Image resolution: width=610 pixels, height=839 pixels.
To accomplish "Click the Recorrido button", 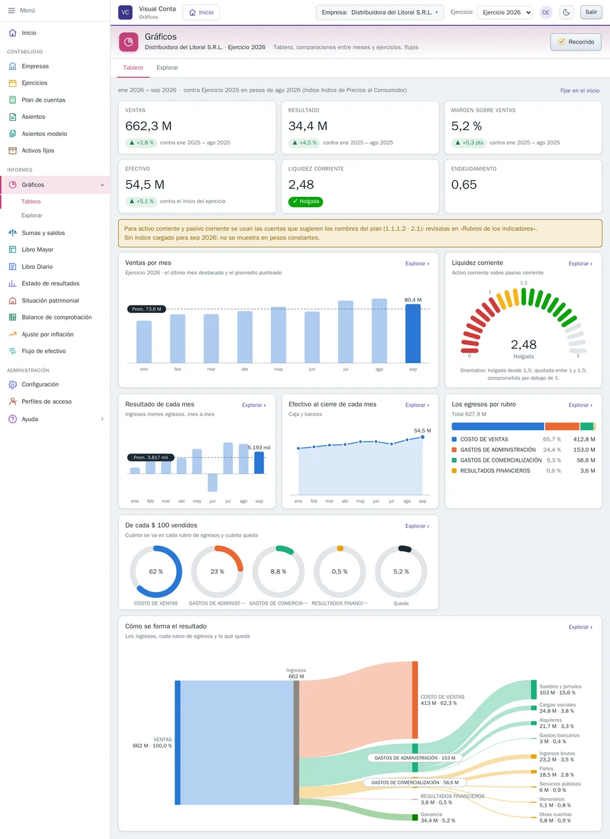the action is coord(576,42).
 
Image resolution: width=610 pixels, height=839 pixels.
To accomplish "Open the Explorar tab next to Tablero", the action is coord(167,68).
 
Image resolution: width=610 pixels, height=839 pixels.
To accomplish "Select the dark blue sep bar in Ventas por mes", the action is coord(413,333).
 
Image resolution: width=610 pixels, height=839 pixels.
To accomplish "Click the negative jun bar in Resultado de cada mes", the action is coord(212,483).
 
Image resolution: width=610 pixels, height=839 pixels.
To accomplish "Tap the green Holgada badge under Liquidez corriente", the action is coord(306,201).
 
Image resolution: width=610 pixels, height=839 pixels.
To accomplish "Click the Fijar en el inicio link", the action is coord(579,91).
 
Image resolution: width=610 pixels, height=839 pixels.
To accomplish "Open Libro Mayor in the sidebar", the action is coord(37,250).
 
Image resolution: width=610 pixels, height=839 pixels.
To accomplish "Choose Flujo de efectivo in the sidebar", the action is coord(44,351).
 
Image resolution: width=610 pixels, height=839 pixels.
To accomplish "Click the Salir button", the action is coord(591,12).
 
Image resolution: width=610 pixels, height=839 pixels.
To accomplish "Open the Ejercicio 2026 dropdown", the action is coord(505,12).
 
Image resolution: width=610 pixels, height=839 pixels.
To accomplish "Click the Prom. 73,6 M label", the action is coord(147,309).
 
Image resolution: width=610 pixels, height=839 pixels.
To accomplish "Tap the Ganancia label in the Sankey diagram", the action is coord(431,814).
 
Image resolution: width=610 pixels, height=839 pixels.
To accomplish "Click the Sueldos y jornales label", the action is coord(560,687).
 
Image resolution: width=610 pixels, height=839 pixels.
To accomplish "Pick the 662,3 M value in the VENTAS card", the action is coord(149,126).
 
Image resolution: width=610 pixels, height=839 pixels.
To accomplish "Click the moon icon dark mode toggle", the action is coord(566,12).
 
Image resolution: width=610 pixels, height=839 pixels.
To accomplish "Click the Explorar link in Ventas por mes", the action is coord(417,264).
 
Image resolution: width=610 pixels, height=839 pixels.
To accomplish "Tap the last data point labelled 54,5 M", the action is coord(423,437).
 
